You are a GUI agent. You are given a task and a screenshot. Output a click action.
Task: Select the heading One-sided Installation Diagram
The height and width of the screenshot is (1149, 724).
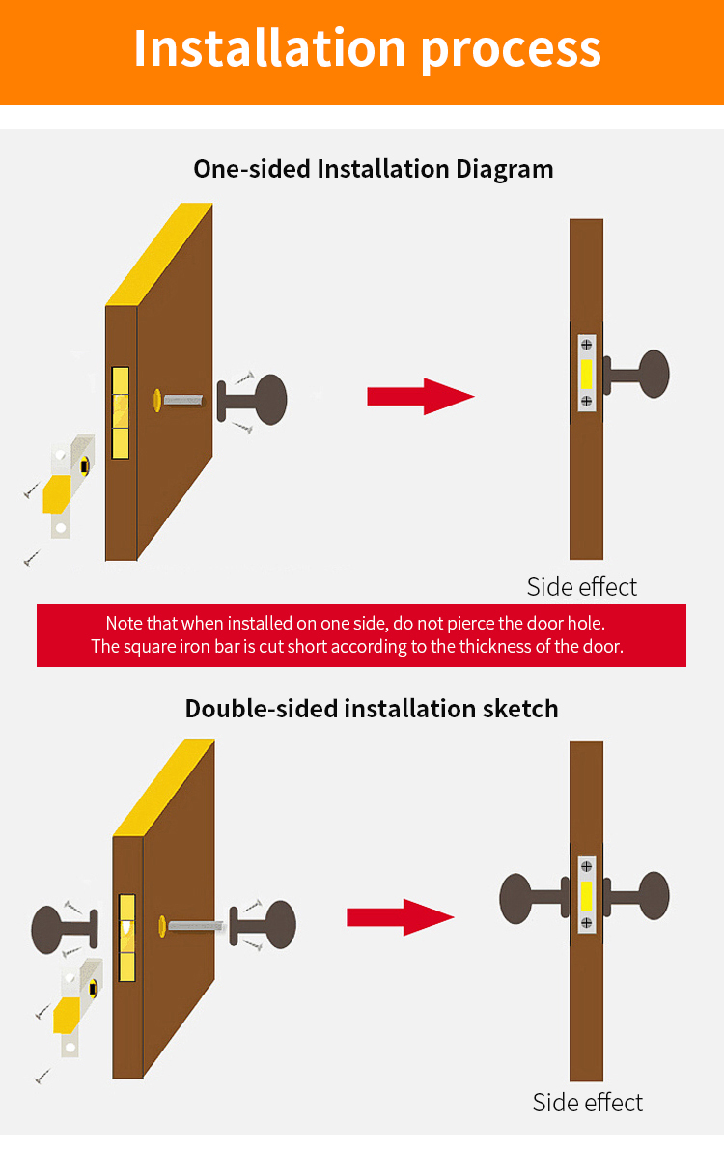click(x=374, y=169)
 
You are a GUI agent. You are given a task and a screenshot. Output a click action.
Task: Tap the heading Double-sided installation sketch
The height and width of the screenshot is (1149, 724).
click(x=372, y=708)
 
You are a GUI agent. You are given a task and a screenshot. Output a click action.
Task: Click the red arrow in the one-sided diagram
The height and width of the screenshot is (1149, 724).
click(x=420, y=396)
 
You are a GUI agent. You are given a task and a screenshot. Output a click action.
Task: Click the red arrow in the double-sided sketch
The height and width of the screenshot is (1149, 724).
click(x=400, y=916)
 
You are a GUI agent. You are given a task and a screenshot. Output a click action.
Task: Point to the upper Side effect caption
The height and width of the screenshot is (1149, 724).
click(x=581, y=586)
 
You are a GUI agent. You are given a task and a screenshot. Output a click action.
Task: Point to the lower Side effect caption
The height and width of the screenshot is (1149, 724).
click(x=587, y=1102)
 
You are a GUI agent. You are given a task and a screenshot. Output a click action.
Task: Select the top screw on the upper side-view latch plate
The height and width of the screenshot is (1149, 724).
click(x=586, y=346)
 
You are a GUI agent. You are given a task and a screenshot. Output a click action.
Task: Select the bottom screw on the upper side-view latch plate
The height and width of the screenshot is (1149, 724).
click(x=586, y=400)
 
